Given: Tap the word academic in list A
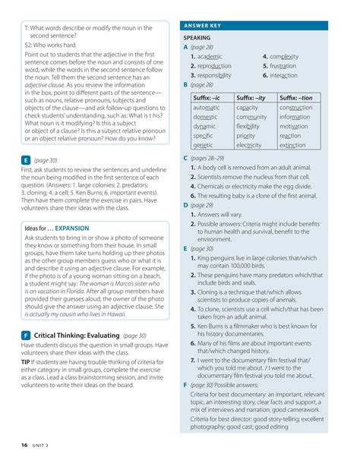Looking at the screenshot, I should (209, 56).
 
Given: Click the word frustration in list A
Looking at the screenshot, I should (286, 66).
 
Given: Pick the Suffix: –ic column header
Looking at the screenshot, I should (207, 97).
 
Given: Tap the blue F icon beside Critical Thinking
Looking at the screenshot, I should (27, 335).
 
